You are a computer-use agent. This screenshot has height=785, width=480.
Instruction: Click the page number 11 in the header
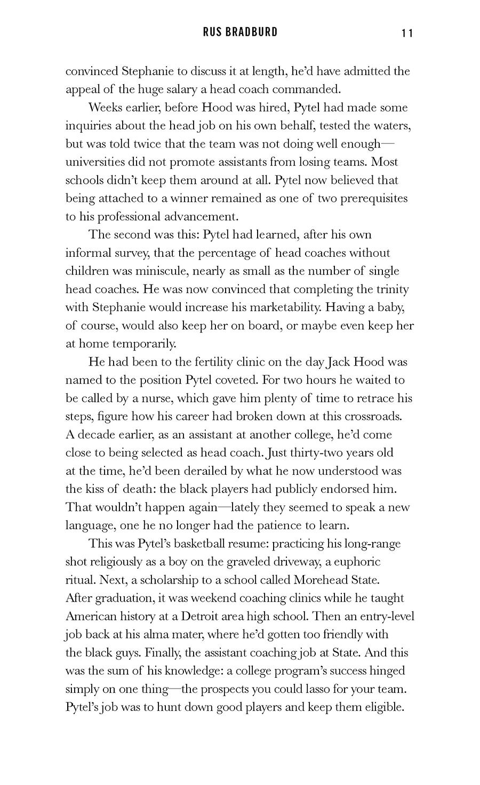tap(407, 33)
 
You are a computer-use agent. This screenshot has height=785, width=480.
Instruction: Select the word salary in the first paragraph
tap(200, 90)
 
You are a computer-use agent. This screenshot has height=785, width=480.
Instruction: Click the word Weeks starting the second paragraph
tap(106, 108)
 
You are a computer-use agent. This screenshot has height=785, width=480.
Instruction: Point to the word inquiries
tap(92, 126)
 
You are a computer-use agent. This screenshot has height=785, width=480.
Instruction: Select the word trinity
tap(391, 289)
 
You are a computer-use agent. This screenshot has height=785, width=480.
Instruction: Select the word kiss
tap(95, 489)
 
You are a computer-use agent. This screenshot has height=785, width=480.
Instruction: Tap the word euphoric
tap(358, 562)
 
